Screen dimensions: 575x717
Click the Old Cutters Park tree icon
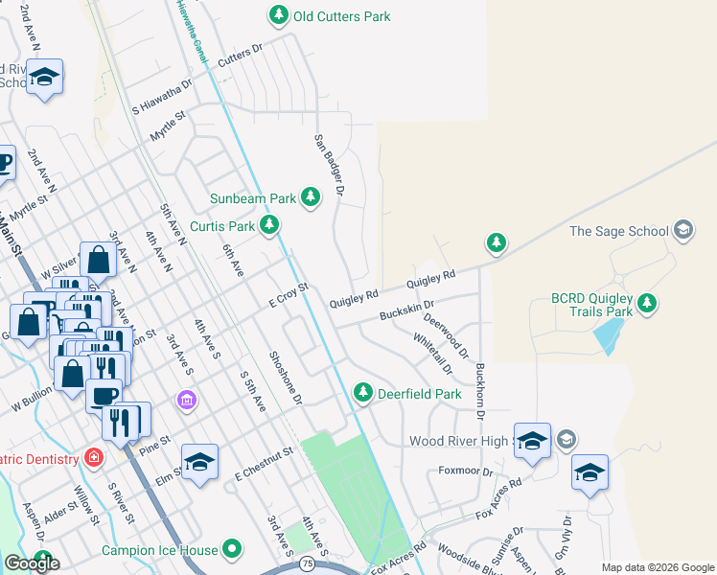click(278, 15)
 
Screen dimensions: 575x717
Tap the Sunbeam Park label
click(254, 198)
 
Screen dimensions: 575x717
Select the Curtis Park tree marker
click(270, 226)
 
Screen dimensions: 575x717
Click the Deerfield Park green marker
click(362, 392)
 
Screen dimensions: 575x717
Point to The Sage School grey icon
click(682, 230)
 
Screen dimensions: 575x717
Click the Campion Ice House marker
click(231, 550)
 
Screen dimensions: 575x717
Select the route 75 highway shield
click(305, 562)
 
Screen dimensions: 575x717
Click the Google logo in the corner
click(32, 563)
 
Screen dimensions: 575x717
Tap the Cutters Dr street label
click(240, 55)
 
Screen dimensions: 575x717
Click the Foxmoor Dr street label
click(465, 471)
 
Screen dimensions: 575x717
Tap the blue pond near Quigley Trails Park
click(606, 335)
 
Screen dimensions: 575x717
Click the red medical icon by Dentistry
click(93, 458)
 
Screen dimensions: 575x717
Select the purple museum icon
click(187, 399)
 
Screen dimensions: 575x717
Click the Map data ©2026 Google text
click(658, 567)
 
